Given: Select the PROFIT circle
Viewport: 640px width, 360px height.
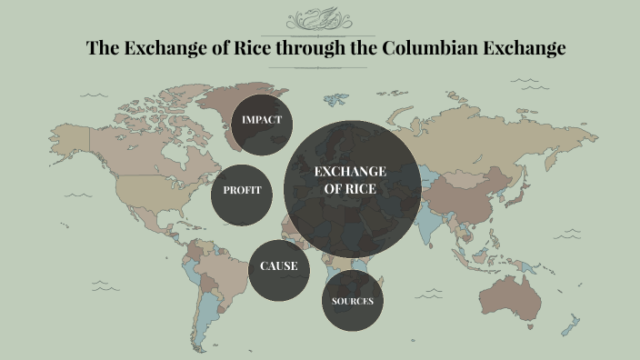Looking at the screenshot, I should point(242,191).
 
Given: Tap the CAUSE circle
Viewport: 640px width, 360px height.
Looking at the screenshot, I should point(279,267).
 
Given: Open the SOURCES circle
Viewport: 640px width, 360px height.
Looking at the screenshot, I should point(352,301).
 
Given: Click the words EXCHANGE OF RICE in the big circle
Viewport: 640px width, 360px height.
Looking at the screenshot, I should point(350,180).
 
